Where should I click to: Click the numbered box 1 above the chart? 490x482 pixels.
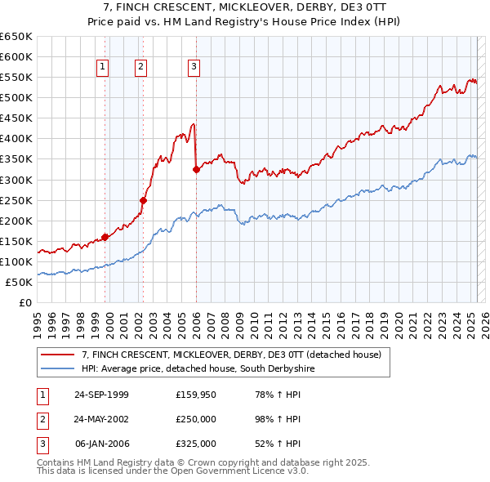[104, 67]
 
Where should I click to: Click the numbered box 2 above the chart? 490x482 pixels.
[140, 67]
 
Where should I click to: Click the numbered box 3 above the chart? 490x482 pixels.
[194, 67]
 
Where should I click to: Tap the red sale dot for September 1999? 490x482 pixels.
[105, 237]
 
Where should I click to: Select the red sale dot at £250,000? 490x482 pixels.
[143, 199]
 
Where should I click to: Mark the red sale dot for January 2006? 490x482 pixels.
[196, 169]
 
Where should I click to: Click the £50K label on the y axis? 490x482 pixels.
[20, 282]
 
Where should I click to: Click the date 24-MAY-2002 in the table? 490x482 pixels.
[101, 419]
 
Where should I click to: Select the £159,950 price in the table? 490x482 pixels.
[196, 395]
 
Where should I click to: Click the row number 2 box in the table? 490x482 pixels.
[42, 419]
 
